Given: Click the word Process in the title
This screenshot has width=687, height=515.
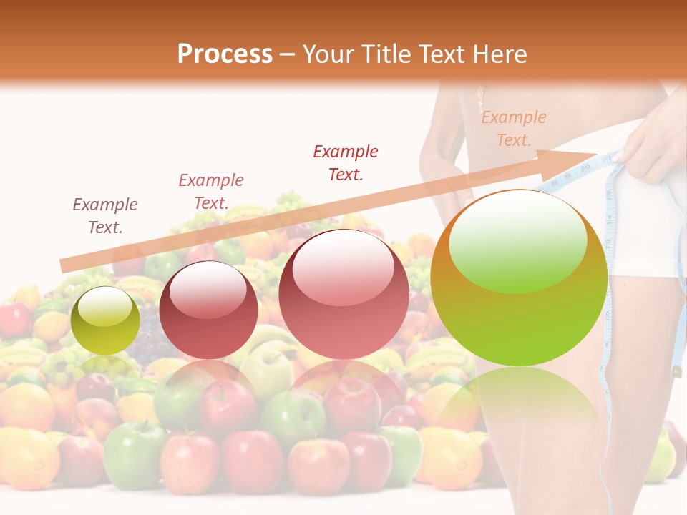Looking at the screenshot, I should click(225, 54).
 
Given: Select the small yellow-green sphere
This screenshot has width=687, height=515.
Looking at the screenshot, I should click(105, 320).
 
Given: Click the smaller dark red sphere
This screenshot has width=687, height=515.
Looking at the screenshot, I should click(208, 310).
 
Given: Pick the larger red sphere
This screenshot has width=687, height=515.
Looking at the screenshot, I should click(343, 294).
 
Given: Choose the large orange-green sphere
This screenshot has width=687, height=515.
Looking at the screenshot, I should click(519, 278).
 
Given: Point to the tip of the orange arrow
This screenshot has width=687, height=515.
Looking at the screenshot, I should click(596, 154).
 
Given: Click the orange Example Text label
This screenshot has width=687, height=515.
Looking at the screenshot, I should click(513, 129).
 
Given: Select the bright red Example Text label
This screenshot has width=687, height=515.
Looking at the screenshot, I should click(346, 162).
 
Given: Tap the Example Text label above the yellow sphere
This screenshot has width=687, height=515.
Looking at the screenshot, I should click(105, 215).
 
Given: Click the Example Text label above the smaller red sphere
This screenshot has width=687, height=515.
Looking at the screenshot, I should click(211, 191).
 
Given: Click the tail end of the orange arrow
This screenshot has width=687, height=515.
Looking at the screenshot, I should click(64, 265).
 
